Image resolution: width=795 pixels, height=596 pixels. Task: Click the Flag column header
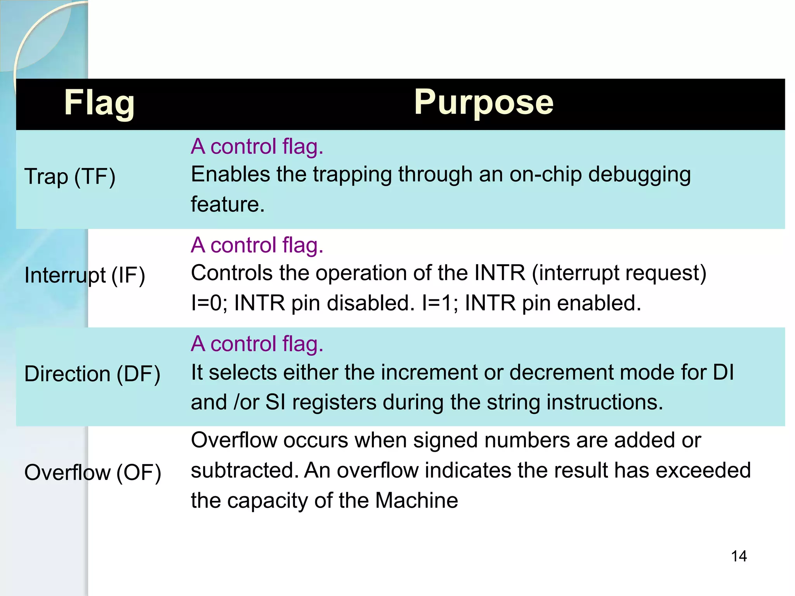point(99,103)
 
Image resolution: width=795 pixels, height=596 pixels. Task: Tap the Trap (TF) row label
point(70,177)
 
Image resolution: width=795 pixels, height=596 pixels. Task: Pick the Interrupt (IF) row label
point(85,275)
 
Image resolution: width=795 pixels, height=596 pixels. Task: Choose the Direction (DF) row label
point(92,374)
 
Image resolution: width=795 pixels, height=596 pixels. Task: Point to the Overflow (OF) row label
point(92,473)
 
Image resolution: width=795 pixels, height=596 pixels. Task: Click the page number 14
point(739,556)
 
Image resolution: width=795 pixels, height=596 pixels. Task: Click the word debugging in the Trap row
point(639,175)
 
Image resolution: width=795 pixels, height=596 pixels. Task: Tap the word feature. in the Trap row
point(227,204)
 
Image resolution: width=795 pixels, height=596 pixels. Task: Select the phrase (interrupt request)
point(619,273)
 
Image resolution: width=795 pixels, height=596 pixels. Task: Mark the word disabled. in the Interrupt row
point(371,303)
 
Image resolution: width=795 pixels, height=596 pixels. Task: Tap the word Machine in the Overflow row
point(416,501)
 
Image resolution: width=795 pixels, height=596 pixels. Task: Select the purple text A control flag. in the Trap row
point(257,147)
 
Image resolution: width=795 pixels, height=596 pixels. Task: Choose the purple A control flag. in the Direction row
point(257,344)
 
